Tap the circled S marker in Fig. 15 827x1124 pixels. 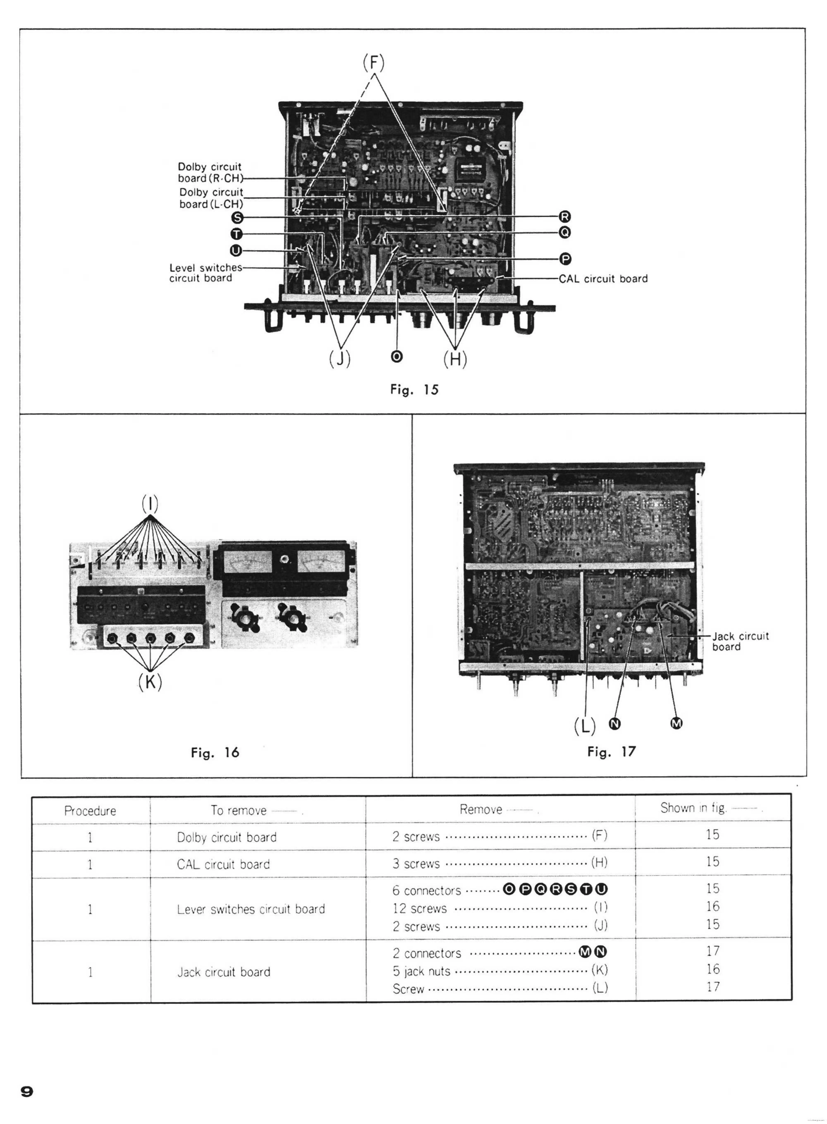[x=237, y=218]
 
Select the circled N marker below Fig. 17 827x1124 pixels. [x=615, y=724]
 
